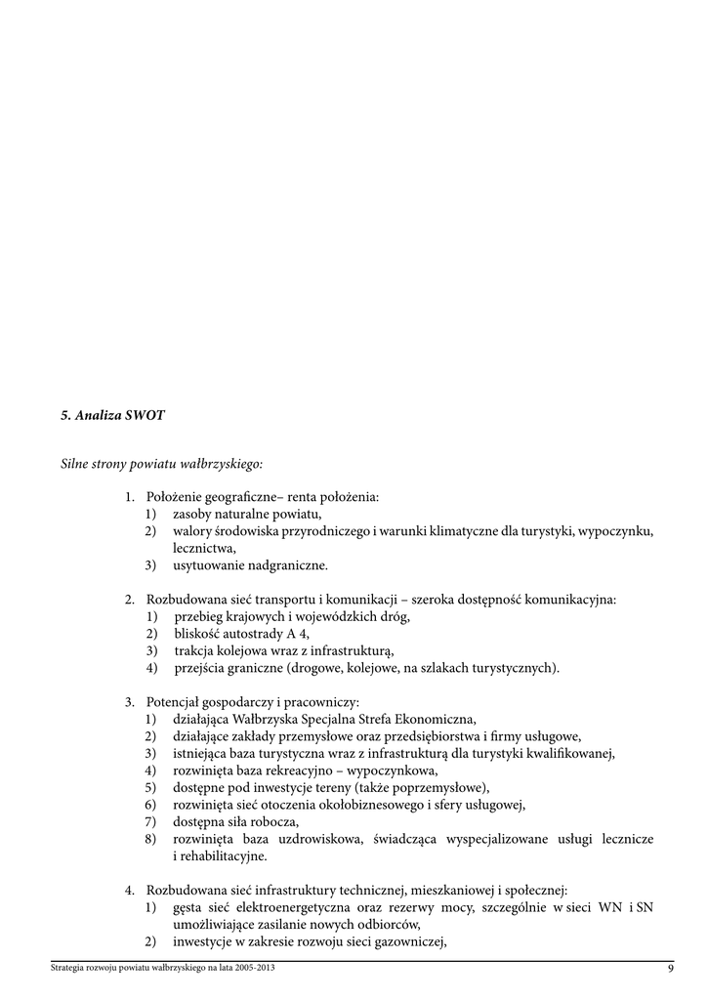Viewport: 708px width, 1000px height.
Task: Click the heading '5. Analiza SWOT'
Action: pos(113,415)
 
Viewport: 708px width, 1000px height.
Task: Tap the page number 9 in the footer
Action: pos(671,969)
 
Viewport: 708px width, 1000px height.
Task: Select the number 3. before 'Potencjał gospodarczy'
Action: pos(129,701)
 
